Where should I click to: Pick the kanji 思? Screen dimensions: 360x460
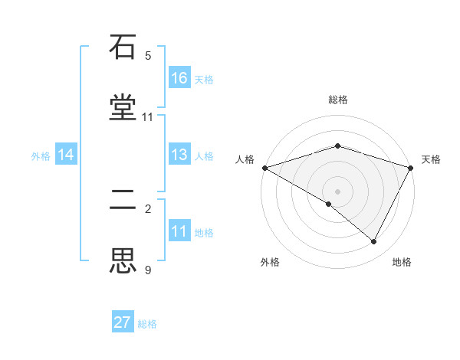pyautogui.click(x=123, y=260)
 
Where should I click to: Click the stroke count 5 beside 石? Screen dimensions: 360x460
pyautogui.click(x=148, y=56)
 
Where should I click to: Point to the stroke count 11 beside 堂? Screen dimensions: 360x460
pyautogui.click(x=148, y=117)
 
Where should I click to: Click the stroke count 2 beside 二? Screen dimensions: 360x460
pyautogui.click(x=148, y=208)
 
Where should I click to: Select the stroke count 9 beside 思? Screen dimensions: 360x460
pyautogui.click(x=148, y=270)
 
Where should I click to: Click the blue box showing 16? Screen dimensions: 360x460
pyautogui.click(x=179, y=77)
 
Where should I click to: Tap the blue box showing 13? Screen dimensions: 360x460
pyautogui.click(x=179, y=155)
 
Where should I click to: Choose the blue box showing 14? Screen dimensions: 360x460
pyautogui.click(x=66, y=155)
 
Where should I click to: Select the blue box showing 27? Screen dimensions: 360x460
pyautogui.click(x=123, y=322)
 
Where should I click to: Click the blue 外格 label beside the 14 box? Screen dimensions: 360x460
pyautogui.click(x=41, y=155)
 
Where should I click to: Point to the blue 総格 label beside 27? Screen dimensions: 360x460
pyautogui.click(x=147, y=324)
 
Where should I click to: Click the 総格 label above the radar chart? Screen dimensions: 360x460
pyautogui.click(x=338, y=100)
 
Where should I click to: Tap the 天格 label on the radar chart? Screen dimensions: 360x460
pyautogui.click(x=431, y=159)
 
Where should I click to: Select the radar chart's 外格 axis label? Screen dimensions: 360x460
pyautogui.click(x=270, y=262)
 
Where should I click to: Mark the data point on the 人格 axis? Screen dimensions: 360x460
pyautogui.click(x=264, y=168)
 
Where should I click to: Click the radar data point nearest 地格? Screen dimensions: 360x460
pyautogui.click(x=374, y=241)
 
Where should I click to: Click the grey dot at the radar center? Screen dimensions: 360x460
pyautogui.click(x=338, y=191)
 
